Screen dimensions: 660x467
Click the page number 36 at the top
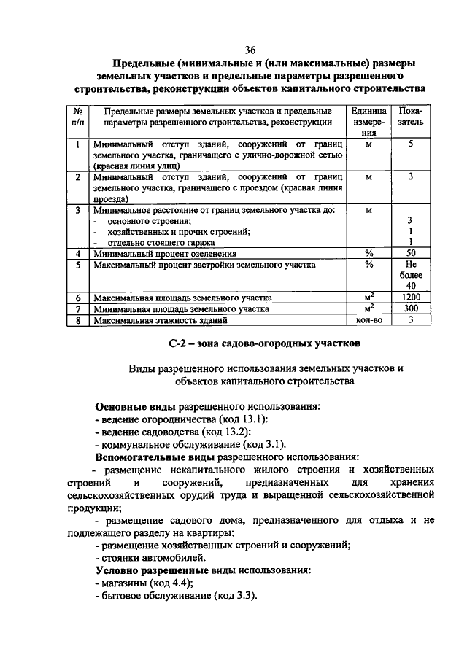tap(250, 50)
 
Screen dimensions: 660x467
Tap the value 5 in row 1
tap(411, 144)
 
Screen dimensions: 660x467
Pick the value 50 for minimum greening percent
tap(411, 254)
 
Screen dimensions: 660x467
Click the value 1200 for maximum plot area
tap(411, 298)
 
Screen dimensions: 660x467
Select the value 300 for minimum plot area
tap(411, 308)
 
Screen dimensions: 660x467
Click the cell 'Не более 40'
tap(411, 276)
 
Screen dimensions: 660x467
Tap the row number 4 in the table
tap(78, 254)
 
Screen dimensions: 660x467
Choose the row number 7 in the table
tap(78, 308)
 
